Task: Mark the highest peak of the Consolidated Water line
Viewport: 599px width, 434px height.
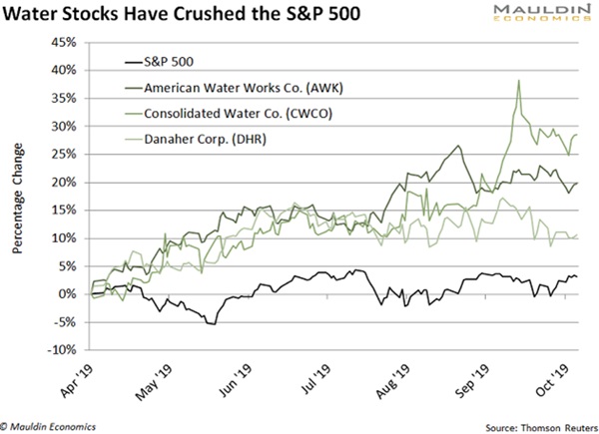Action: [519, 81]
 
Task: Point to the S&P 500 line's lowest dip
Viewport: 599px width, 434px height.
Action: [211, 324]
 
